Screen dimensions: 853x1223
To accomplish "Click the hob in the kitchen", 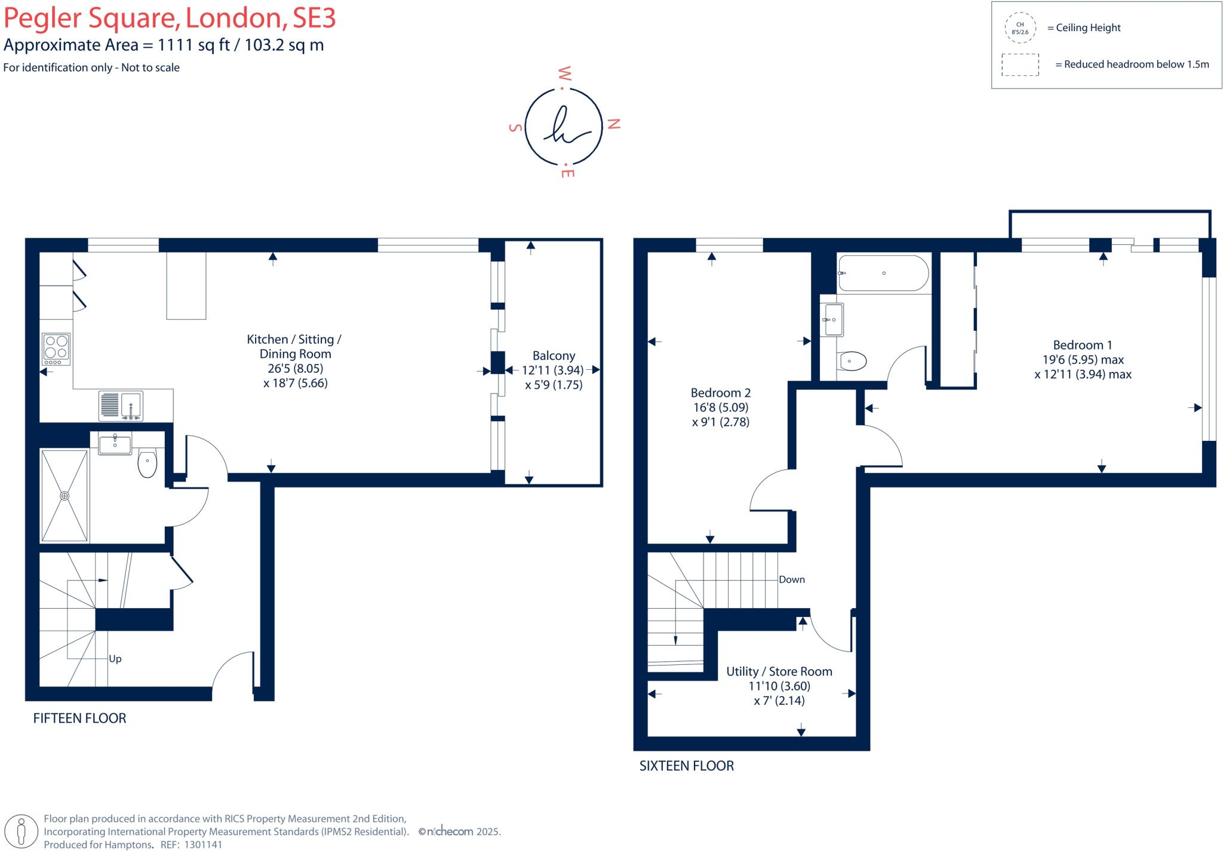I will click(x=56, y=349).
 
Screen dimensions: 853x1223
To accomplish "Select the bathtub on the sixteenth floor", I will click(x=883, y=273).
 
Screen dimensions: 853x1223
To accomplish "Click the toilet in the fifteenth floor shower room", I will click(x=147, y=464).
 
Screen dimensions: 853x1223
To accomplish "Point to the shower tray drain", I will click(x=64, y=496).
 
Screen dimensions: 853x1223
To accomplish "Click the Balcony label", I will click(x=554, y=355).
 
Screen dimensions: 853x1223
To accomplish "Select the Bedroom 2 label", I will click(x=720, y=392).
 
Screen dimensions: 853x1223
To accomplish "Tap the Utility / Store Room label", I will click(x=779, y=671).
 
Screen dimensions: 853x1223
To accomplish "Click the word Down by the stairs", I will click(x=791, y=579).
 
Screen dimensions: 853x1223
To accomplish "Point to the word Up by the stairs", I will click(x=115, y=658).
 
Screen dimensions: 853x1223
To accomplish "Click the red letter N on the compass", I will click(x=614, y=124).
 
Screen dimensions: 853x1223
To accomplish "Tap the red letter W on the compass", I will click(x=564, y=73).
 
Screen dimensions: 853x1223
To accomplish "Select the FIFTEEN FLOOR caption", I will click(x=79, y=718).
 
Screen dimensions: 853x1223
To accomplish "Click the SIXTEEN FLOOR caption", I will click(x=686, y=766).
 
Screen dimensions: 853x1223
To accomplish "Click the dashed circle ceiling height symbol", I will click(x=1020, y=28).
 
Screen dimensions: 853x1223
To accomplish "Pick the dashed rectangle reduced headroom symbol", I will click(x=1020, y=65).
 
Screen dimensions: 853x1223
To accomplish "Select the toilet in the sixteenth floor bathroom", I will click(x=852, y=361).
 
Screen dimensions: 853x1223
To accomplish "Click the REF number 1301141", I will click(x=203, y=845).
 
